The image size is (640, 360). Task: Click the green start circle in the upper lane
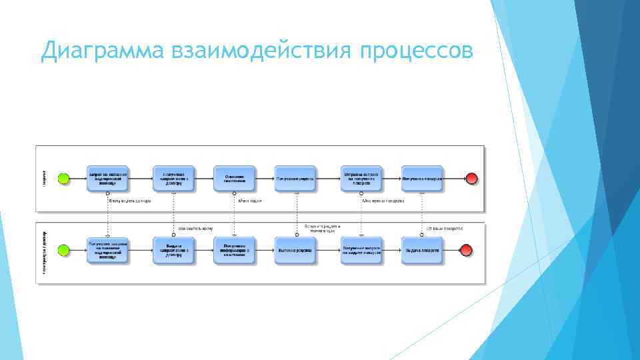click(64, 179)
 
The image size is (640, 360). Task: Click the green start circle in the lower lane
click(64, 250)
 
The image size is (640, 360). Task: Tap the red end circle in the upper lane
click(472, 179)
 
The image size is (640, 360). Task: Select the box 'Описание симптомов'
click(234, 179)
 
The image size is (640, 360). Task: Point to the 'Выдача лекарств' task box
click(421, 250)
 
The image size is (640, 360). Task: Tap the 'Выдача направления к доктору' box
click(173, 250)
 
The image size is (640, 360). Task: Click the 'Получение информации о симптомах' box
click(234, 250)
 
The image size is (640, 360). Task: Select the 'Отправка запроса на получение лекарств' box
click(361, 179)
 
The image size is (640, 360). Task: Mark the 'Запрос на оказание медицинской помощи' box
click(107, 179)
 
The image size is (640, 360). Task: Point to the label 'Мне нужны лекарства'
click(383, 201)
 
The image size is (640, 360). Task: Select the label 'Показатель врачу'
click(195, 228)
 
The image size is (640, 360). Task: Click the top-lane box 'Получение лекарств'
click(421, 179)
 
